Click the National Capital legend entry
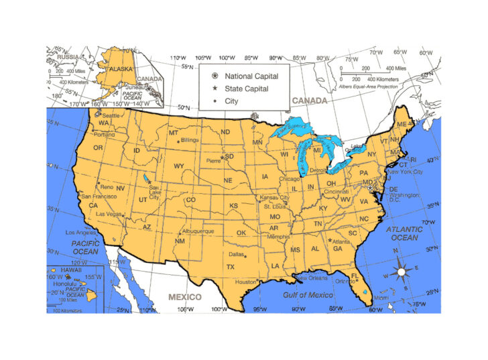point(246,76)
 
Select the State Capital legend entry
point(246,88)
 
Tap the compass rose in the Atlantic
point(402,272)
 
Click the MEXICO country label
point(184,296)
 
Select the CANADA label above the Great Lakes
point(309,101)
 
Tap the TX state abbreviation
point(231,267)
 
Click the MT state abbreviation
point(174,133)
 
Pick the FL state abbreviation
point(355,276)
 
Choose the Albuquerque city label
point(198,231)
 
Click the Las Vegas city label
point(109,214)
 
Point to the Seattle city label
point(111,115)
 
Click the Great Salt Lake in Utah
point(147,178)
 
